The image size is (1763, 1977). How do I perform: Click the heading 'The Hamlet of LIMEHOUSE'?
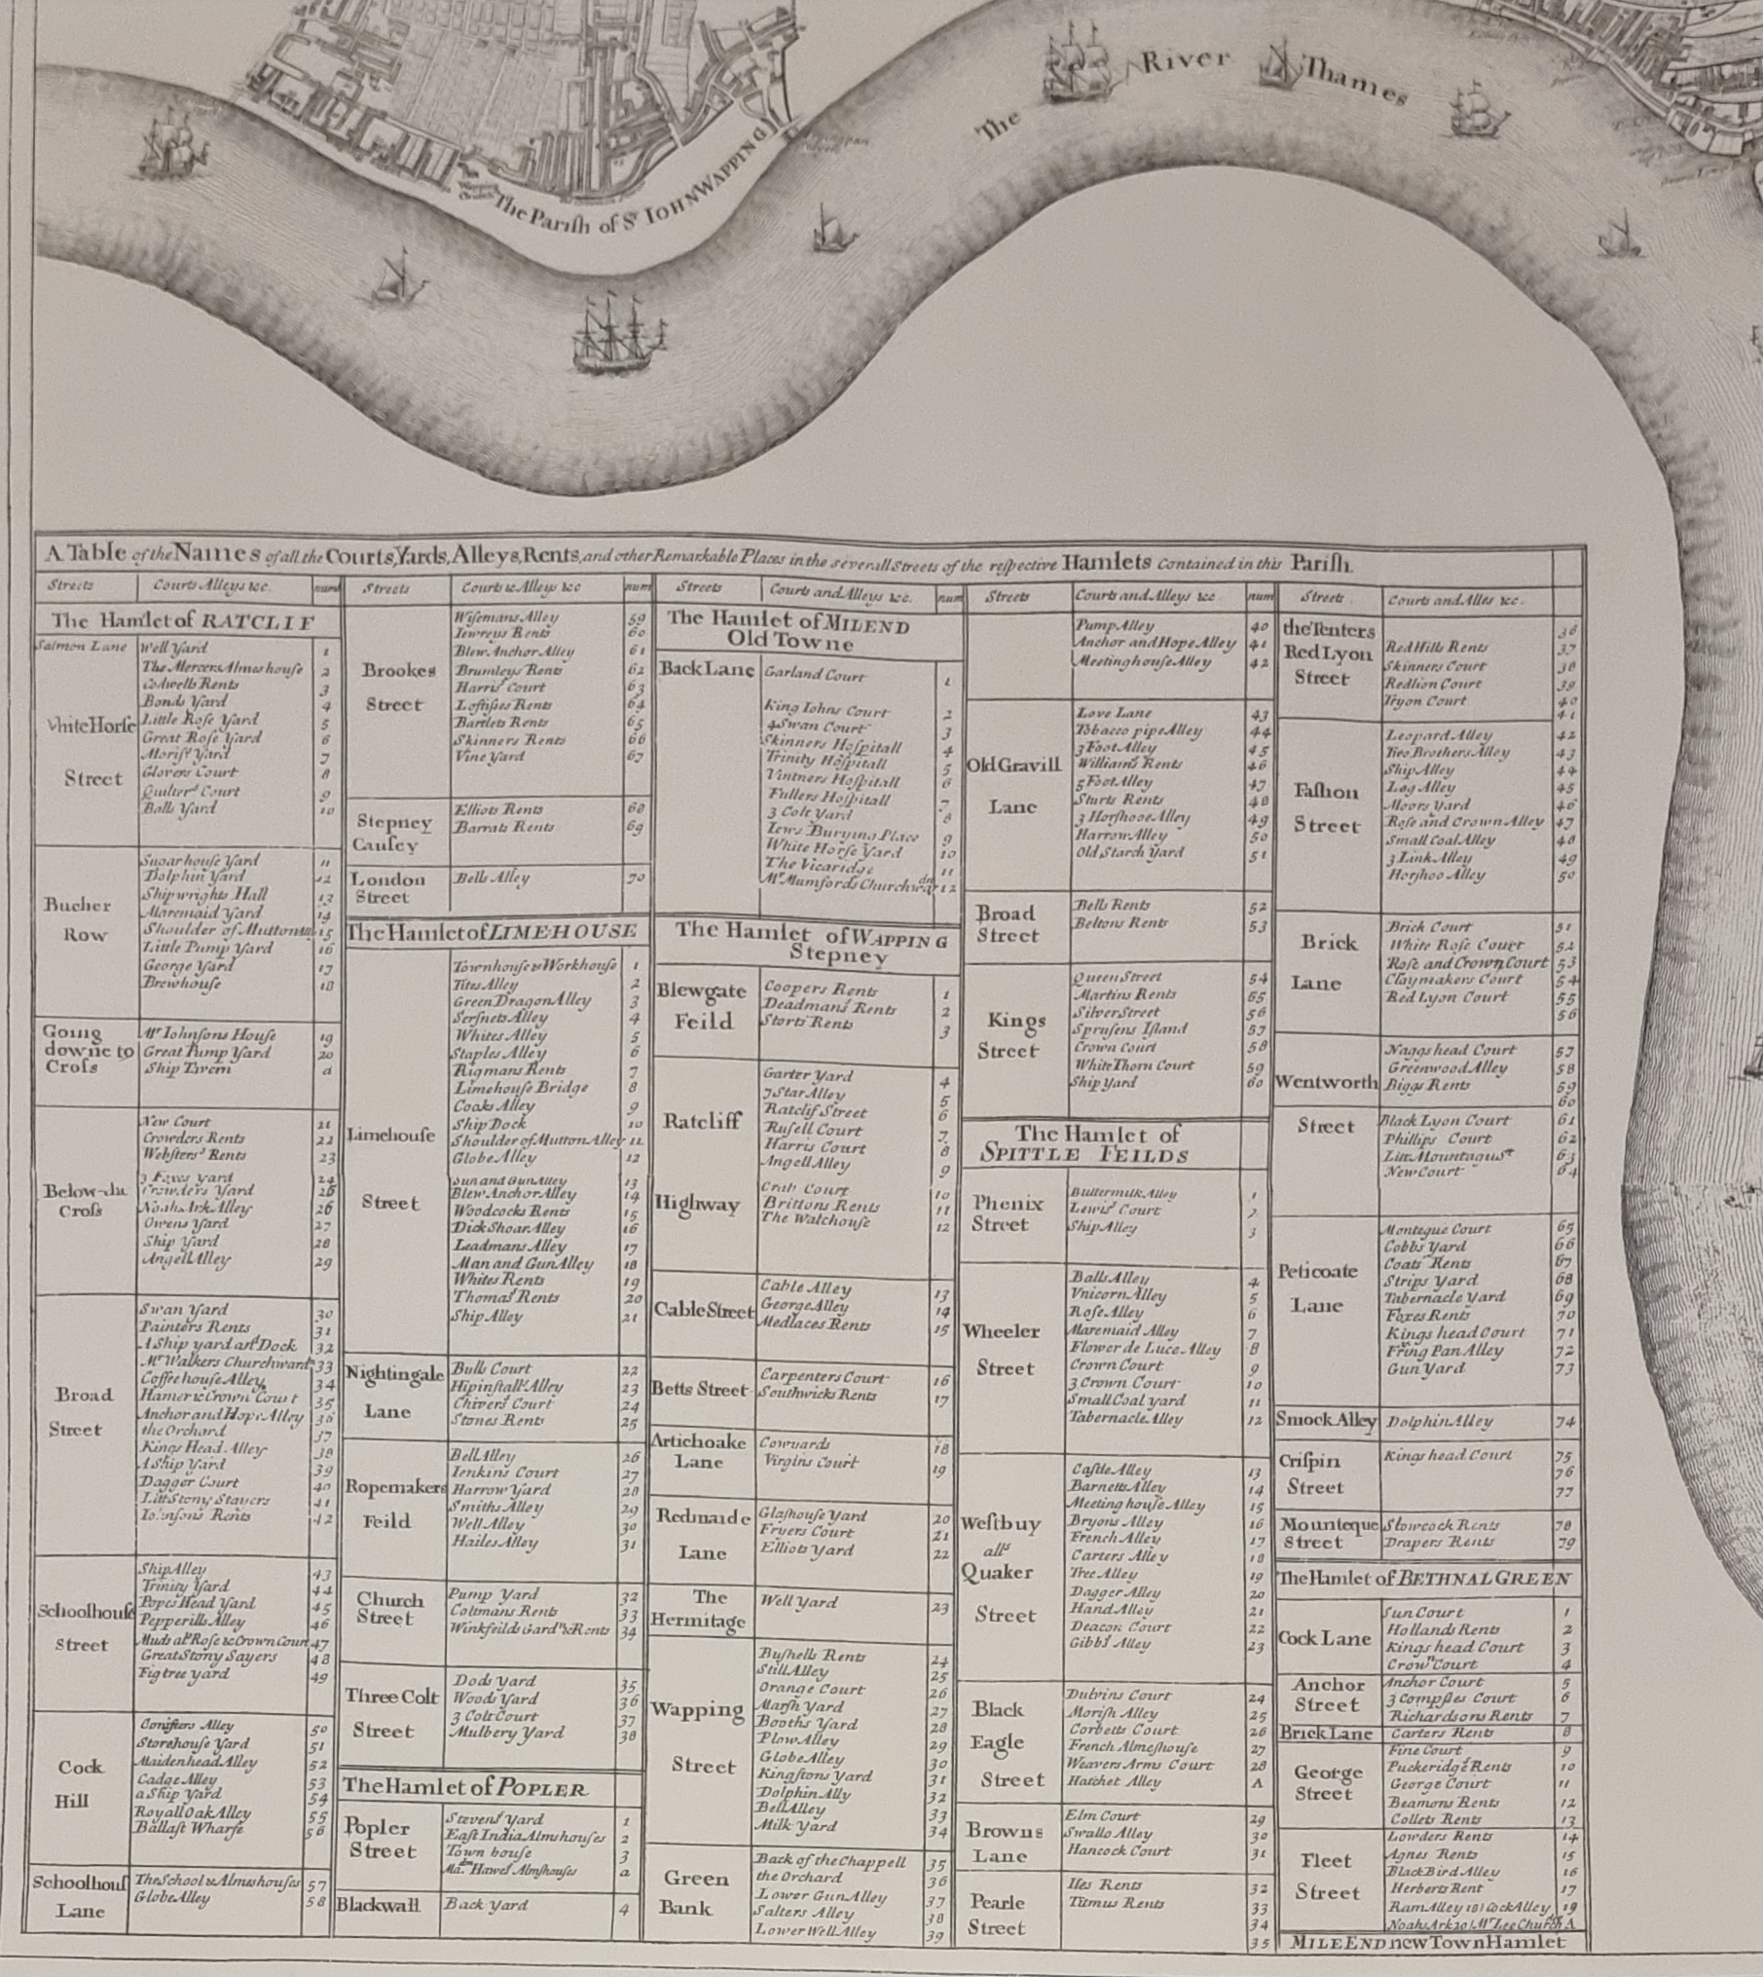(x=493, y=932)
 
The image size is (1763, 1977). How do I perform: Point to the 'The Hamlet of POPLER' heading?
(x=465, y=1789)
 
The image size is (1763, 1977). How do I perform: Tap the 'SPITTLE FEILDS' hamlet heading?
(x=1084, y=1156)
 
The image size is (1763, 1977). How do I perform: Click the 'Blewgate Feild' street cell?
(x=702, y=1006)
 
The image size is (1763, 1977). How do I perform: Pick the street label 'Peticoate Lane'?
(x=1317, y=1287)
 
